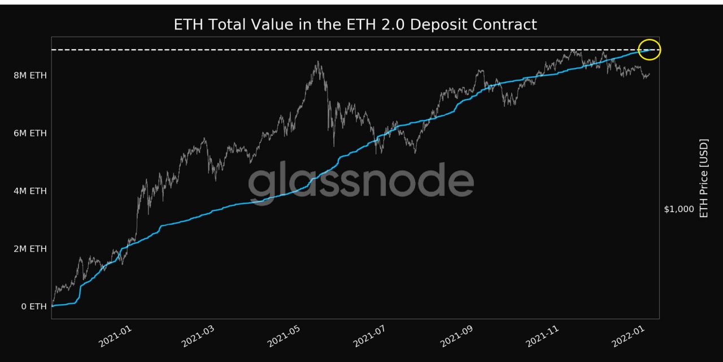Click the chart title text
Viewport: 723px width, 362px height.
tap(355, 25)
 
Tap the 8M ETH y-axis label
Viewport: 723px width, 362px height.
tap(31, 75)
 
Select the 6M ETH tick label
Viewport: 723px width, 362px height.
tap(31, 133)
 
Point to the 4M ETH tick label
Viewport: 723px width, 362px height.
tap(31, 191)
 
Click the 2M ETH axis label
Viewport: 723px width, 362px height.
tap(31, 249)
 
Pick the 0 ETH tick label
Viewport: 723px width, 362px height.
tap(34, 307)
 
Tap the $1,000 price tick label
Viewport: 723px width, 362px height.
tap(679, 209)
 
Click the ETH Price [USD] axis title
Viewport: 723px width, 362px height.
tap(704, 178)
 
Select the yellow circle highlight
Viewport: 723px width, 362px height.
tap(650, 50)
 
